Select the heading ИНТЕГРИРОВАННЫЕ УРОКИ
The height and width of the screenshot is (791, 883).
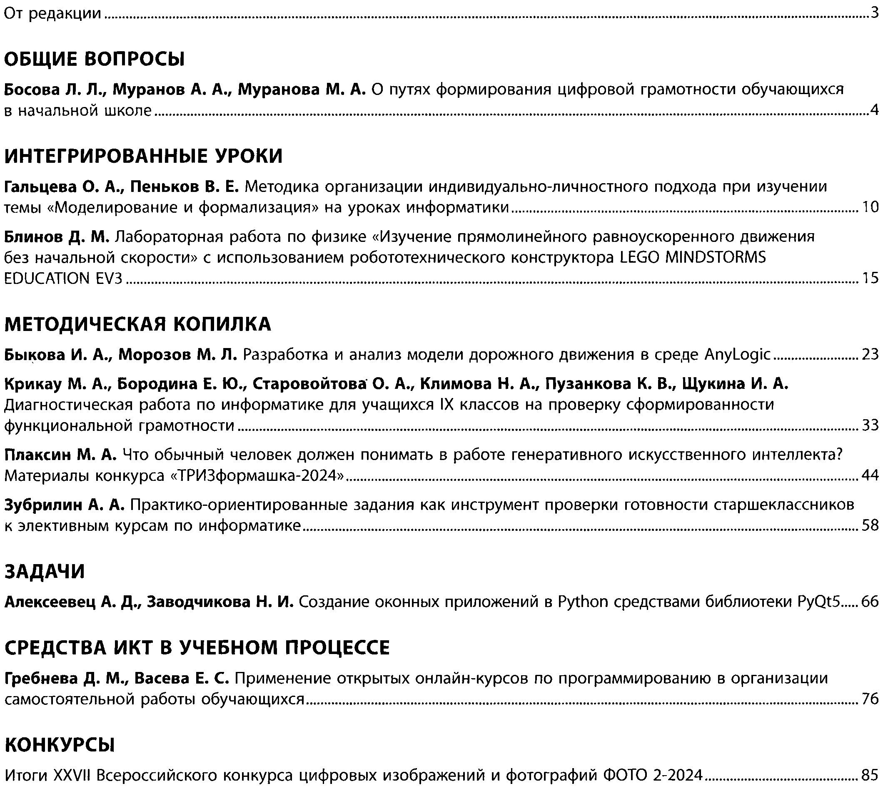coord(143,156)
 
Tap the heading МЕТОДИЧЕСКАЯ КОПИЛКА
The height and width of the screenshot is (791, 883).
coord(138,324)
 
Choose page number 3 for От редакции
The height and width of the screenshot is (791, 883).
coord(875,14)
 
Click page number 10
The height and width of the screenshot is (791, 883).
coord(871,207)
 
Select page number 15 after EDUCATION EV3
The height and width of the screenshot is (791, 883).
coord(871,278)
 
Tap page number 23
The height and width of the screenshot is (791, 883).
coord(871,355)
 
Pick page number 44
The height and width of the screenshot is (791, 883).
coord(871,475)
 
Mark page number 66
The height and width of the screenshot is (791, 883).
coord(871,602)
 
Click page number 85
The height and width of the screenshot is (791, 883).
coord(871,774)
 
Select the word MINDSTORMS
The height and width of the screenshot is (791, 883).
coord(716,258)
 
